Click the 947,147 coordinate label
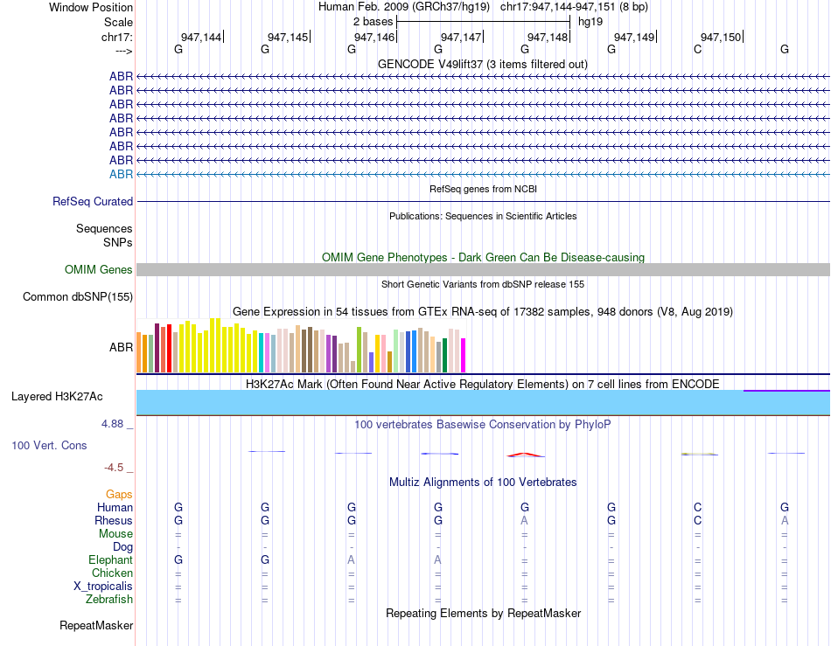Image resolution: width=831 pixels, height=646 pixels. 460,37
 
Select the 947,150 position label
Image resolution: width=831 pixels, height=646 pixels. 720,37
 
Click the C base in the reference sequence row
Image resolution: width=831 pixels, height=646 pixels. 697,49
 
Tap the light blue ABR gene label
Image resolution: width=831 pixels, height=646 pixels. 121,174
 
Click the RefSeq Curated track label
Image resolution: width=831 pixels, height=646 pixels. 93,201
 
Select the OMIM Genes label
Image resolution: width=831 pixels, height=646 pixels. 99,269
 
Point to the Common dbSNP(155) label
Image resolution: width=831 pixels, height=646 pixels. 78,296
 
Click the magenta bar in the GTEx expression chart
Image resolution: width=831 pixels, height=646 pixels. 463,355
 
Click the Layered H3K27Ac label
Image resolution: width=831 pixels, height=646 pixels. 57,397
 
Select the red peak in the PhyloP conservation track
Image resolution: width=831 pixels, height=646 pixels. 524,455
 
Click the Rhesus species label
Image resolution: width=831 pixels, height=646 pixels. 114,520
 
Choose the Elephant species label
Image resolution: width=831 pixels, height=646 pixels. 111,559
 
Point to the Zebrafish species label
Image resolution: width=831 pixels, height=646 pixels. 109,600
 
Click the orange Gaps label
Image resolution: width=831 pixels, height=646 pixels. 119,494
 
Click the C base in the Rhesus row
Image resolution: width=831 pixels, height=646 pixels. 697,520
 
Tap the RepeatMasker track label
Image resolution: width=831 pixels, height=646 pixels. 96,625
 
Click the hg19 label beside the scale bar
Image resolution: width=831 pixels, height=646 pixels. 590,22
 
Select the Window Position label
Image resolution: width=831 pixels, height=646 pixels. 91,7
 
